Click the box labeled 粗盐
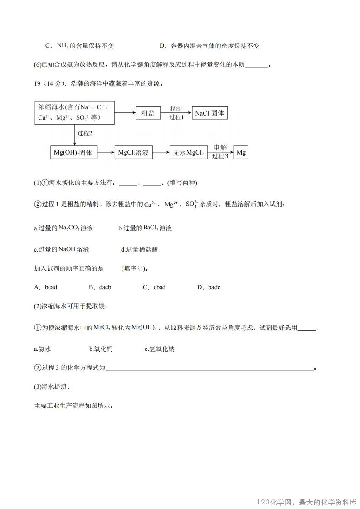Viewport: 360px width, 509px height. click(148, 113)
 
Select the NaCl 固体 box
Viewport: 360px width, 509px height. click(209, 113)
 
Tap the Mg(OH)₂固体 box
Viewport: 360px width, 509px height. click(73, 153)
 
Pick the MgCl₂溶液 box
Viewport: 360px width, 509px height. click(133, 153)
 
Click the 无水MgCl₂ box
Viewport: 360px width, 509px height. click(188, 153)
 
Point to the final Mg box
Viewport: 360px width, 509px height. click(241, 153)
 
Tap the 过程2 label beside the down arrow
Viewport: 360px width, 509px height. click(85, 133)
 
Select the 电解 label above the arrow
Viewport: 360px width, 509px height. click(220, 148)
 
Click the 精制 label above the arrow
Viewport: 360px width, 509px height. click(176, 109)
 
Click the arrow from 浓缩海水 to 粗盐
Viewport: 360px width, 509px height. click(125, 113)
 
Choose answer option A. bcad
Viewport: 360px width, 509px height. click(45, 287)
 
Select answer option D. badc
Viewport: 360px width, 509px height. click(209, 287)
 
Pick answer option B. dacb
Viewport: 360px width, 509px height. click(100, 287)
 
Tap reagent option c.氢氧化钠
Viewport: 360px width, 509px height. click(159, 349)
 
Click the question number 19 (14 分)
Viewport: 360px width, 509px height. click(50, 83)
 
